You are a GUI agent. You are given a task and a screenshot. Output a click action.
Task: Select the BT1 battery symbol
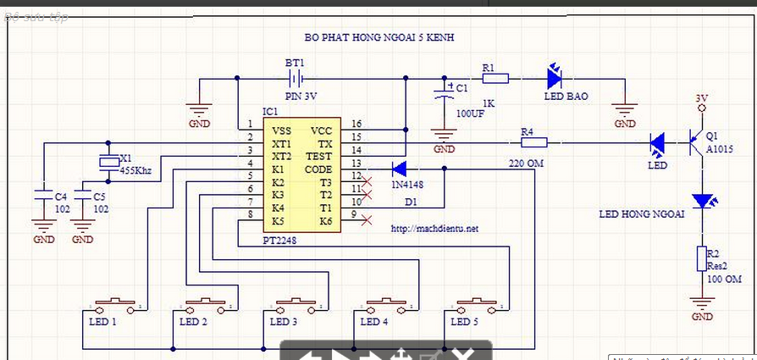click(295, 79)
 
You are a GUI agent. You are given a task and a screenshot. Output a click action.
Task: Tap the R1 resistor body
click(495, 79)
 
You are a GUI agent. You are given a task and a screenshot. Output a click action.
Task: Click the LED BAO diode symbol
click(555, 79)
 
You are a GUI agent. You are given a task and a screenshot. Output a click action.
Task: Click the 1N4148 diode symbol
click(400, 168)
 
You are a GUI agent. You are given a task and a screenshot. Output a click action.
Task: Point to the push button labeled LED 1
click(114, 303)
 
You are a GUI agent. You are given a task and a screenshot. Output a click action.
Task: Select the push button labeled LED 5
click(476, 303)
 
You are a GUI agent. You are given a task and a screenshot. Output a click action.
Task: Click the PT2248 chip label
click(279, 241)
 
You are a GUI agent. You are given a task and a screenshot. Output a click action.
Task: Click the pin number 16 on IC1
click(356, 125)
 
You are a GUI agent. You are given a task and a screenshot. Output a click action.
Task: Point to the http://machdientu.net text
click(435, 229)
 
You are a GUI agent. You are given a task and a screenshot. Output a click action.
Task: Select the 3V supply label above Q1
click(701, 98)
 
